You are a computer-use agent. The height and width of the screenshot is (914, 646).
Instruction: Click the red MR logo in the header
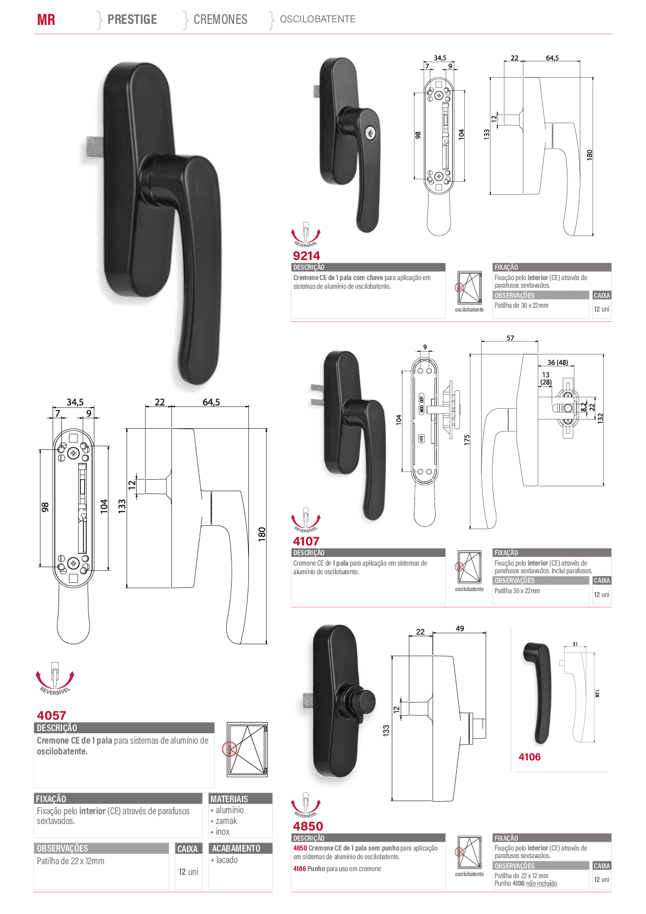pos(46,20)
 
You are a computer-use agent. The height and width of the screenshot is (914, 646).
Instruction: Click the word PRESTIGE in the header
pos(132,19)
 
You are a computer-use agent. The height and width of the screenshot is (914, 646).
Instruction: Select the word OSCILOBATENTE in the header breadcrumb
pos(318,19)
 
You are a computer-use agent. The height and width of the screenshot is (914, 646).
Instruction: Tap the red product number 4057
pos(52,715)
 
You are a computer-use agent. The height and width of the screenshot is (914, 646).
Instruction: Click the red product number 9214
pos(306,256)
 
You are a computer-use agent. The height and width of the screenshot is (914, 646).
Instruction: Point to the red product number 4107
pos(306,541)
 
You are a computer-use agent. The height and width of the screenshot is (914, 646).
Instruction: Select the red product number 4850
pos(308,826)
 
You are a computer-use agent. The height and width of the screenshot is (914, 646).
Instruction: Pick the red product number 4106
pos(529,757)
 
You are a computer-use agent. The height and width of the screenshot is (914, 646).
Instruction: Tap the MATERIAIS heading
pos(229,799)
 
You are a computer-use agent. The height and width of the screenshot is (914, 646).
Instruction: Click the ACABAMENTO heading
pos(236,848)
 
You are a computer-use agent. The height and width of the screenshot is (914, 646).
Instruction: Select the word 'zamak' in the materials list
pos(226,821)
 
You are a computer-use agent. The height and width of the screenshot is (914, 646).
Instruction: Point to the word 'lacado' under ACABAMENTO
pos(227,860)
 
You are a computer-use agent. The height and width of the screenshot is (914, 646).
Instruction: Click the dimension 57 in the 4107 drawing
pos(510,338)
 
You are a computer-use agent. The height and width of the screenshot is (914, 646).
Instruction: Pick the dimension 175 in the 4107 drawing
pos(467,440)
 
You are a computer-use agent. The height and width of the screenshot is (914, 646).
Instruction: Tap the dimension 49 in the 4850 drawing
pos(459,629)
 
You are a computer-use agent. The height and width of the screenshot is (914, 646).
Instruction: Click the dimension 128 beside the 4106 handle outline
pos(598,693)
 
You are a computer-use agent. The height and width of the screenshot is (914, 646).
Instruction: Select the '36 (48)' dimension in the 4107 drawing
pos(558,363)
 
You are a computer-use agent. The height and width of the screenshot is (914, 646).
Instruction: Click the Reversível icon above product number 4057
pos(55,678)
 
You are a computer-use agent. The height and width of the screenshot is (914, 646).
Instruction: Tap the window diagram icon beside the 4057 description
pos(246,750)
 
